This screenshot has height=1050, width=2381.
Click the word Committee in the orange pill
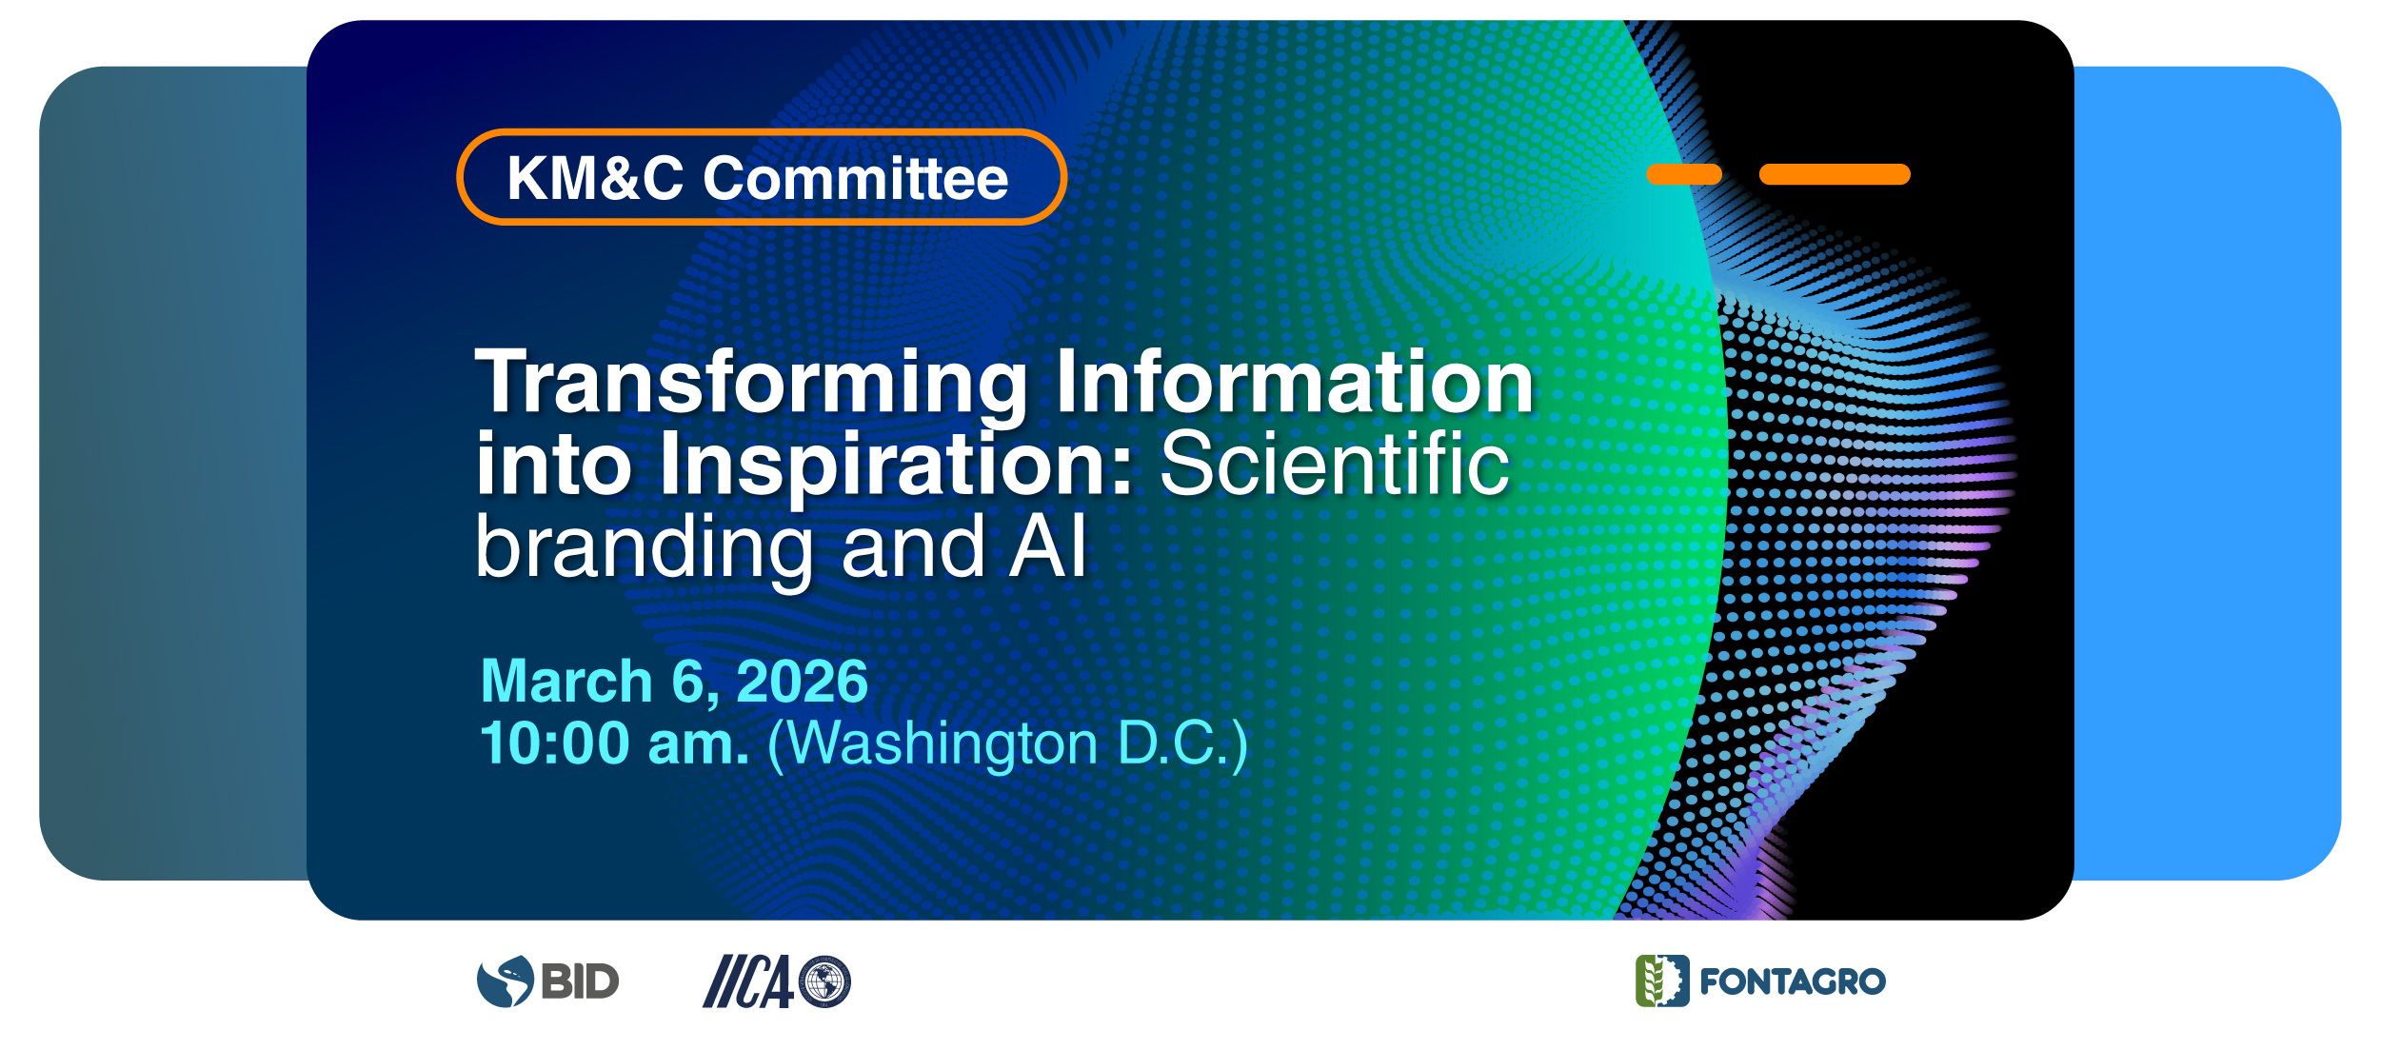[855, 178]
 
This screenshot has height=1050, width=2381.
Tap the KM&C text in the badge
[595, 178]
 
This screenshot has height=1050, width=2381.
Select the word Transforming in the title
[752, 383]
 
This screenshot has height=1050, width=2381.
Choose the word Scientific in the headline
[1334, 464]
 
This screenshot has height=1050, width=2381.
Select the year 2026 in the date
[802, 682]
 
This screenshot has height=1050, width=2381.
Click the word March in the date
[566, 682]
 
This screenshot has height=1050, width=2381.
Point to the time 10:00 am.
[614, 743]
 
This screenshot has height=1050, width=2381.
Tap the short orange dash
[1684, 174]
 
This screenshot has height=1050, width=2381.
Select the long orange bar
[1835, 174]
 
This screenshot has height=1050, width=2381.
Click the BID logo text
[580, 981]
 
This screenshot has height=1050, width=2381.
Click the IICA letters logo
[747, 981]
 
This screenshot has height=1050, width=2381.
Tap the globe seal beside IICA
[824, 981]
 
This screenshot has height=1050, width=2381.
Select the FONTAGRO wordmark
[1793, 982]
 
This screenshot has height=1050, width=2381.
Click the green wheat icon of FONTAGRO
[1662, 981]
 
